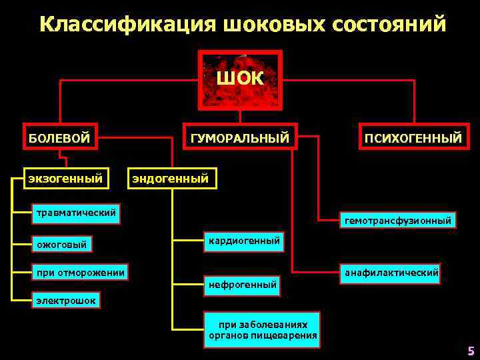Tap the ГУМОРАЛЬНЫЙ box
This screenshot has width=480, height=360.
coord(240,138)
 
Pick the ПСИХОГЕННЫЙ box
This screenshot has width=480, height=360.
coord(413,138)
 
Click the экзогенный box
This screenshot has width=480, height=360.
coord(65,178)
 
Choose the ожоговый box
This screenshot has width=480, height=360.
coord(62,245)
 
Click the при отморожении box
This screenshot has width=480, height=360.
coord(81,272)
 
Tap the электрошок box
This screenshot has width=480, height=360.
coord(65,301)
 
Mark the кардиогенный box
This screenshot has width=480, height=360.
coord(244,240)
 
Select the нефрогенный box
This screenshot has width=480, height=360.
coord(243,285)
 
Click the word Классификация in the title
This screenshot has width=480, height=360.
coord(128,25)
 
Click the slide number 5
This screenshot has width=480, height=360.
coord(471,351)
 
